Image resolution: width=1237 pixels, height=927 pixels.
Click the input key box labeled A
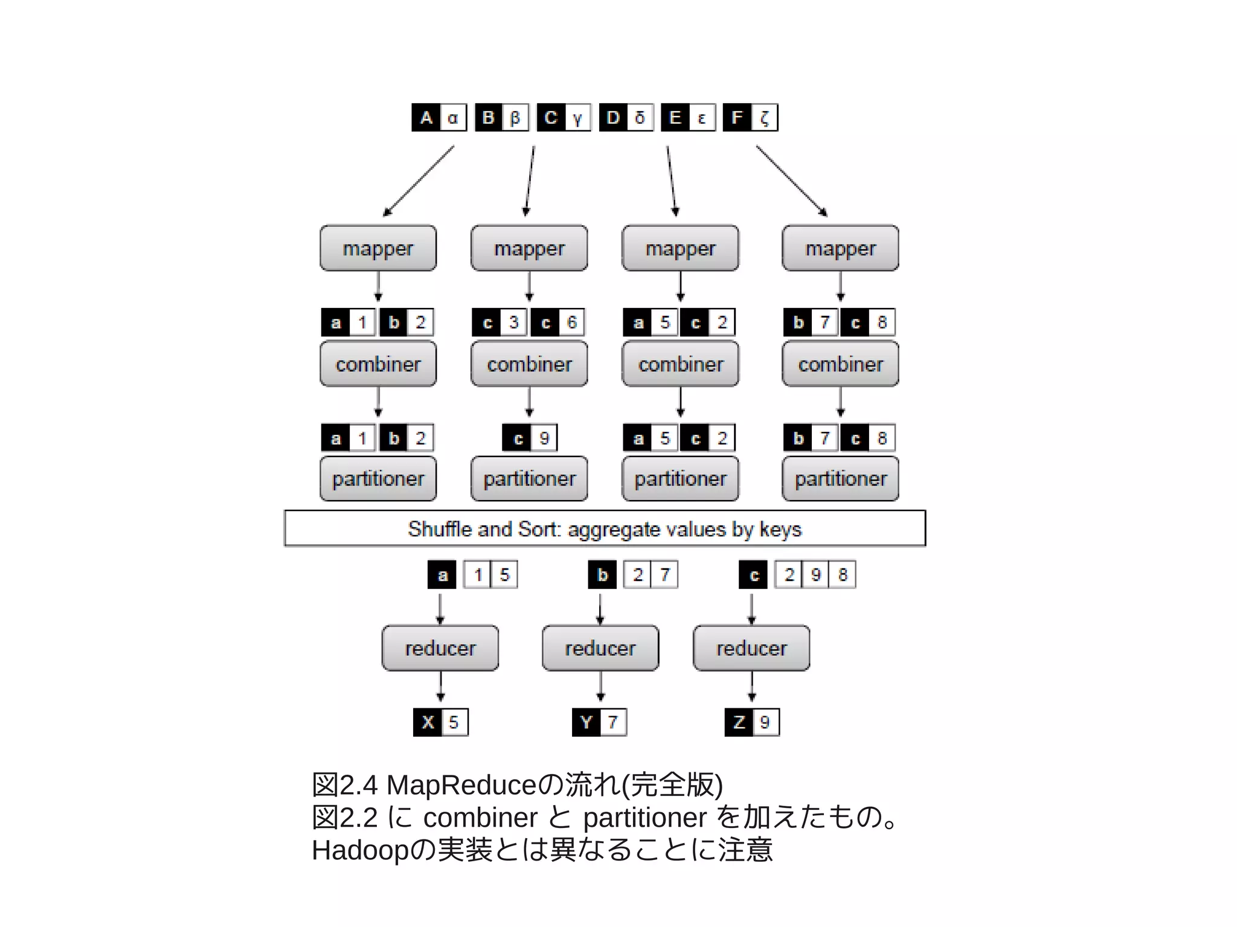[426, 117]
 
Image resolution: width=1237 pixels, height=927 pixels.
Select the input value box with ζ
[764, 117]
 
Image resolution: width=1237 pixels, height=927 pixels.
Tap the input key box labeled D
[613, 117]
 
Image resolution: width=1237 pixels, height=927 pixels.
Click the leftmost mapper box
[378, 248]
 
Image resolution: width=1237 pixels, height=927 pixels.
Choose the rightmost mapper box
[840, 248]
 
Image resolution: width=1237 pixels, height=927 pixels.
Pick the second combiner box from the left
[529, 364]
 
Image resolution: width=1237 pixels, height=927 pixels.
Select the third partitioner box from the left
[680, 479]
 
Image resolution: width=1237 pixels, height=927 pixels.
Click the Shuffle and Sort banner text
[604, 529]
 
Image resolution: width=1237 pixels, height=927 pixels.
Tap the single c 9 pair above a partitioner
[530, 438]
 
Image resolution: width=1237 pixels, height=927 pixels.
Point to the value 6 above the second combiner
[571, 322]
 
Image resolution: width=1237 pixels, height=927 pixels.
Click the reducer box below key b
[600, 648]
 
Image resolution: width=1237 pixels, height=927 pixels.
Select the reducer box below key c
[751, 648]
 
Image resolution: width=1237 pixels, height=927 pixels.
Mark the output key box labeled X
[428, 722]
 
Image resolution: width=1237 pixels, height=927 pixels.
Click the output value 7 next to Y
[613, 722]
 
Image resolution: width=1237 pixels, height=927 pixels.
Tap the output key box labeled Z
[739, 722]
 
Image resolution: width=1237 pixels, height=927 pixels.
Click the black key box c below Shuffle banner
[753, 575]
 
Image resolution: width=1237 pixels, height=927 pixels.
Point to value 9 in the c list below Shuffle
[816, 575]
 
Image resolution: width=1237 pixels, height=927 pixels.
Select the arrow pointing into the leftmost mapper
[418, 181]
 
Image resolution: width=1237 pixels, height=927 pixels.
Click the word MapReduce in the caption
[461, 785]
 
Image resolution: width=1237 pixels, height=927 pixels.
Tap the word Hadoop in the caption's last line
[360, 850]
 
